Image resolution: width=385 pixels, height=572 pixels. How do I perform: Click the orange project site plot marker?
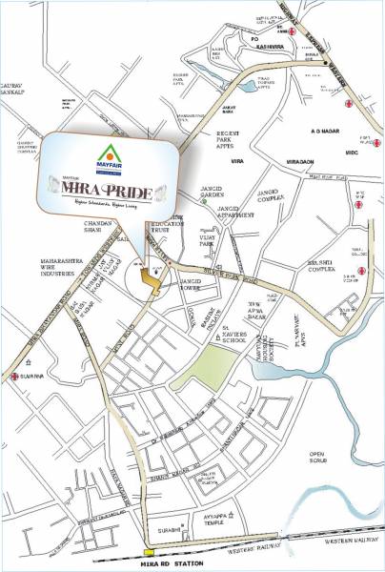tap(149, 276)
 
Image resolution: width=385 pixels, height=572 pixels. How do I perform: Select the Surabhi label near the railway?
tap(170, 523)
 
